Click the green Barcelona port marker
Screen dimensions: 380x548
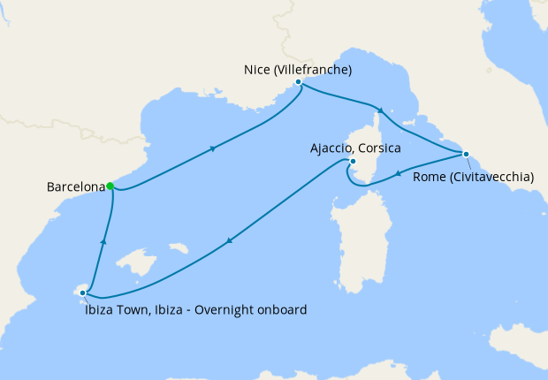tap(110, 186)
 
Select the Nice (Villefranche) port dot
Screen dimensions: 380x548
tap(299, 81)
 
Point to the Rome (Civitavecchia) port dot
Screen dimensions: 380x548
tap(466, 154)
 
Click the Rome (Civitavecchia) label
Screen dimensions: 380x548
tap(473, 177)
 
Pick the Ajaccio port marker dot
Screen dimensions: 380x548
tap(352, 162)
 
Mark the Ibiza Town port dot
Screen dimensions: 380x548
tap(82, 292)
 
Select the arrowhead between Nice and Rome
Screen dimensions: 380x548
tap(380, 110)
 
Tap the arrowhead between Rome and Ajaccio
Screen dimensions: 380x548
tap(400, 173)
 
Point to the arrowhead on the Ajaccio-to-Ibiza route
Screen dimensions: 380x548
tap(230, 240)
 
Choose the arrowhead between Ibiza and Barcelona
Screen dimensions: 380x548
tap(104, 240)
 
